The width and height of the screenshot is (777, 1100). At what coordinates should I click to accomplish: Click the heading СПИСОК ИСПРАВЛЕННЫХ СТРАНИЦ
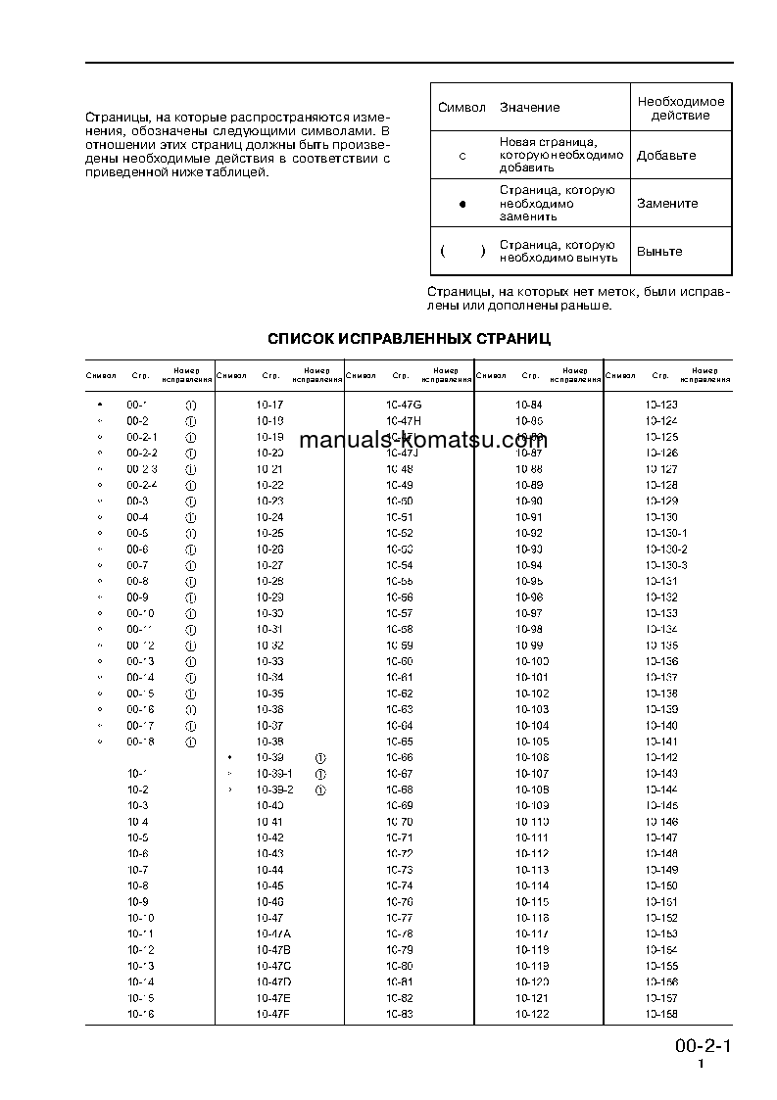[x=410, y=339]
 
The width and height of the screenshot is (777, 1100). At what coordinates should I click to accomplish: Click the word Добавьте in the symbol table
[x=666, y=156]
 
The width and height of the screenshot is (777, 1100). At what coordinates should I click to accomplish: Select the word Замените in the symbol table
[x=667, y=204]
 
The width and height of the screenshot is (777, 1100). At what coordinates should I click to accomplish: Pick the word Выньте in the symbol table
[x=659, y=252]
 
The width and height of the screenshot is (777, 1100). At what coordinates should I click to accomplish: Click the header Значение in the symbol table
[x=529, y=107]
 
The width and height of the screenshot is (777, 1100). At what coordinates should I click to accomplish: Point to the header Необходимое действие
[x=681, y=108]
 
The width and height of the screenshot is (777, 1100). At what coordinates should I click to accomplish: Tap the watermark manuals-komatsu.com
[x=422, y=440]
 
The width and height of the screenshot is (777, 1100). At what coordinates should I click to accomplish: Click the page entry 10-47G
[x=403, y=405]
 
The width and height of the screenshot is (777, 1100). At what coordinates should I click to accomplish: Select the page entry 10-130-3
[x=666, y=565]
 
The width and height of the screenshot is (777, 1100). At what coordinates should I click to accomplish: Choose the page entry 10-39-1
[x=274, y=774]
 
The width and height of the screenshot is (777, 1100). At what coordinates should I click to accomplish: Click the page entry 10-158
[x=661, y=1014]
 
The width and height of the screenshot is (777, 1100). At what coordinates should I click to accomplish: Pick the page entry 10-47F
[x=274, y=1014]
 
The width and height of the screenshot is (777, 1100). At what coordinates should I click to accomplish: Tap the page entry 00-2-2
[x=142, y=453]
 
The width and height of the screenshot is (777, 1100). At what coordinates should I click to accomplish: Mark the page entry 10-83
[x=400, y=1014]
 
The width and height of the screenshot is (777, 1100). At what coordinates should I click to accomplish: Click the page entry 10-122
[x=532, y=1014]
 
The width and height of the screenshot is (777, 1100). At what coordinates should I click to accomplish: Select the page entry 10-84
[x=529, y=405]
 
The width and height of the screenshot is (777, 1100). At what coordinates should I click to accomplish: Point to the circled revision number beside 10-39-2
[x=319, y=789]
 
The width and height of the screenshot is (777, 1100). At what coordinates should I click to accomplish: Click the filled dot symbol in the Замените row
[x=462, y=204]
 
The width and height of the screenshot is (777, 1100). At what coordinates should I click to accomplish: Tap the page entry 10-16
[x=140, y=1014]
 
